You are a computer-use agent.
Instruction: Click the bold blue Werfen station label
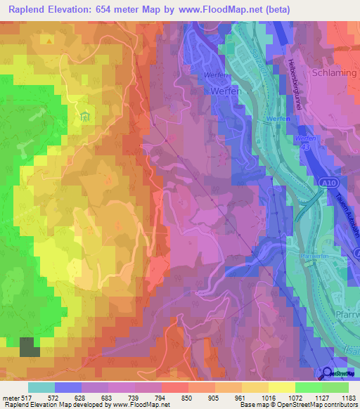click(275, 121)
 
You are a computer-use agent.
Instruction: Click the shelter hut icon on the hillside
click(86, 115)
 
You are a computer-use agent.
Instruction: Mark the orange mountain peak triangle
click(49, 41)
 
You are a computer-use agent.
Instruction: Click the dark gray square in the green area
click(29, 347)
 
